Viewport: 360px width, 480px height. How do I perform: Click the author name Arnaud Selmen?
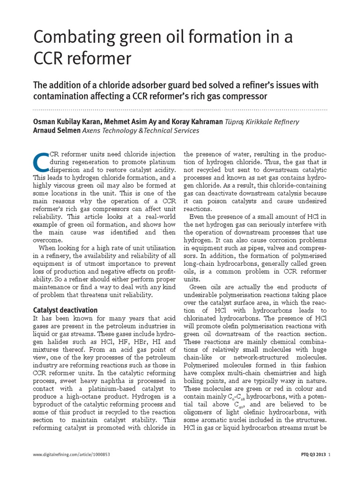[x=57, y=131]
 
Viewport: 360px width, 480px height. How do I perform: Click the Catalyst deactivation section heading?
[x=65, y=310]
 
